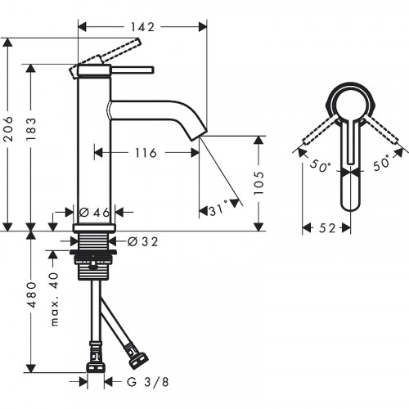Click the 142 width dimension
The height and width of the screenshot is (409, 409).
[141, 26]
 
